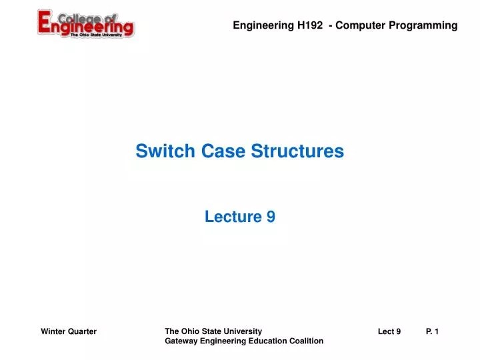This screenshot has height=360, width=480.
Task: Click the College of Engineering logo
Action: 85,24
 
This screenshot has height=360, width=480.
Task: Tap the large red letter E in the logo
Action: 47,24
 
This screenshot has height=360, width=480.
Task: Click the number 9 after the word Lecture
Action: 271,217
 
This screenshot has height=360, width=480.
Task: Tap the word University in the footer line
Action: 244,331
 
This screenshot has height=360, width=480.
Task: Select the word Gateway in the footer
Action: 180,341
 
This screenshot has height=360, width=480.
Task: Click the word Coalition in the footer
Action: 306,341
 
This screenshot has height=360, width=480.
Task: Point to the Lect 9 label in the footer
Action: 389,331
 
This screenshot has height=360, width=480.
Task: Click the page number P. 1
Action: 432,331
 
